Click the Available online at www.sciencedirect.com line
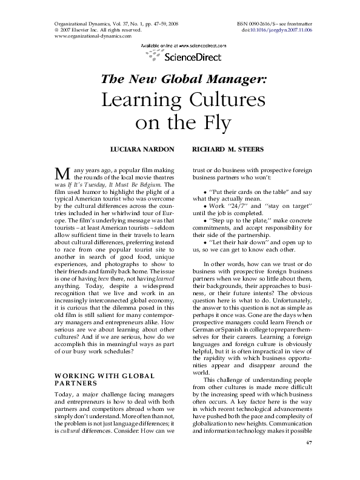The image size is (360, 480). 184,45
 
